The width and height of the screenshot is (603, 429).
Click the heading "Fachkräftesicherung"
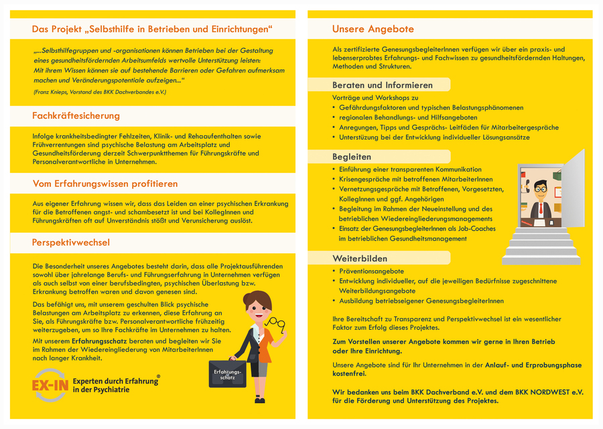pyautogui.click(x=76, y=116)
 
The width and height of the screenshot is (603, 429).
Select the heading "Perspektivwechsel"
pyautogui.click(x=71, y=242)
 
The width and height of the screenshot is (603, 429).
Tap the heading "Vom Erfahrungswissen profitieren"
pyautogui.click(x=105, y=183)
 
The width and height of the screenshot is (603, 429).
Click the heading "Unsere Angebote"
pyautogui.click(x=373, y=29)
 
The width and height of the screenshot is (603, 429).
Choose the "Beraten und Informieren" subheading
pyautogui.click(x=382, y=85)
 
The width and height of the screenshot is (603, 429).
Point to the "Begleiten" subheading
pyautogui.click(x=352, y=156)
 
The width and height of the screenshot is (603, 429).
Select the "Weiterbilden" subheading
pyautogui.click(x=360, y=258)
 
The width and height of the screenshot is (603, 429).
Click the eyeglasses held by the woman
pyautogui.click(x=274, y=324)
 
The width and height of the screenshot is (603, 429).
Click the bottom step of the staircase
pyautogui.click(x=542, y=260)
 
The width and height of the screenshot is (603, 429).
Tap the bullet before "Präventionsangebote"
pyautogui.click(x=335, y=271)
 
